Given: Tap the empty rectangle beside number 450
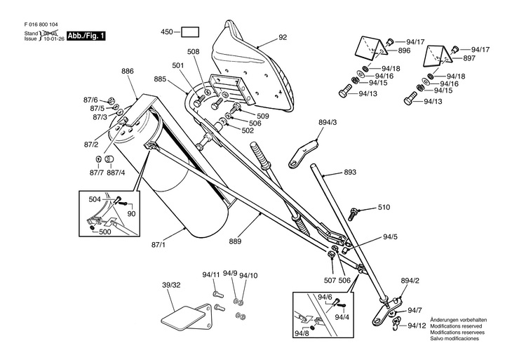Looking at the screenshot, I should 189,32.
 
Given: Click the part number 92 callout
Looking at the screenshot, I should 283,37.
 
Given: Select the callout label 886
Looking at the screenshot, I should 127,72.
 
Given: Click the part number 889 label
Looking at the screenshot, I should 235,241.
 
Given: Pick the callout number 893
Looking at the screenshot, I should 350,172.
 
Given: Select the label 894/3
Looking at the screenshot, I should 328,123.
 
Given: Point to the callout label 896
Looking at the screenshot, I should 404,51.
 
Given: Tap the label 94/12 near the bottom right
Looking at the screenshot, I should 417,326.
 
